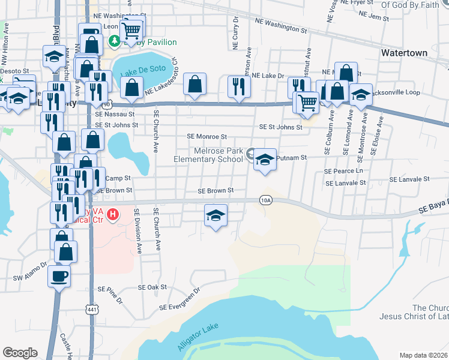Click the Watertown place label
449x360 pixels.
click(404, 53)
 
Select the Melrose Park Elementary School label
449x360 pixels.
click(209, 155)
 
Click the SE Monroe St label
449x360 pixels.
click(207, 137)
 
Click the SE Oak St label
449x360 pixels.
click(152, 287)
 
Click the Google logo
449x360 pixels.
click(20, 353)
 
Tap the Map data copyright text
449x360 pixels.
click(423, 355)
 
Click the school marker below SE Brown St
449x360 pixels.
click(215, 214)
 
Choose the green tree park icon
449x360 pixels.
click(113, 42)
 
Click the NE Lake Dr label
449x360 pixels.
click(268, 76)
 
